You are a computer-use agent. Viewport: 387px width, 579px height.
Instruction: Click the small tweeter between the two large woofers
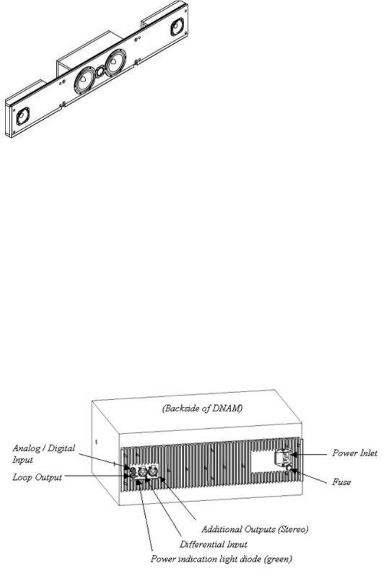(x=100, y=72)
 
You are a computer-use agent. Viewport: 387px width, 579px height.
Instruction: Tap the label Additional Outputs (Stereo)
(x=255, y=530)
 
